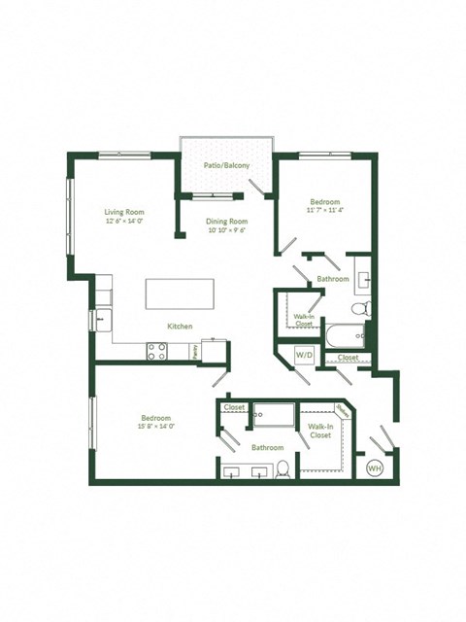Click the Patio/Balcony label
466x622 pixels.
click(x=226, y=166)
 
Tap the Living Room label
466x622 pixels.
click(x=125, y=211)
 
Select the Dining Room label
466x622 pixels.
click(x=226, y=222)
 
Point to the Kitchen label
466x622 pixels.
click(x=180, y=326)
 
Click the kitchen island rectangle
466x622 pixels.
click(x=180, y=294)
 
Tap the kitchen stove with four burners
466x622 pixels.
click(x=158, y=352)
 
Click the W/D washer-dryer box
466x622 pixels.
click(x=304, y=354)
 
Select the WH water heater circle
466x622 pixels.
click(x=374, y=468)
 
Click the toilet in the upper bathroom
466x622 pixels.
click(x=359, y=308)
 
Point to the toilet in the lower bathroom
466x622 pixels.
click(x=283, y=469)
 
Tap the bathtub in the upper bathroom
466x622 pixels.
click(x=347, y=336)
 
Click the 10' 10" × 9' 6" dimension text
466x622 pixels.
click(x=226, y=230)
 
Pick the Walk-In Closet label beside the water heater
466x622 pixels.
click(x=320, y=431)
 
